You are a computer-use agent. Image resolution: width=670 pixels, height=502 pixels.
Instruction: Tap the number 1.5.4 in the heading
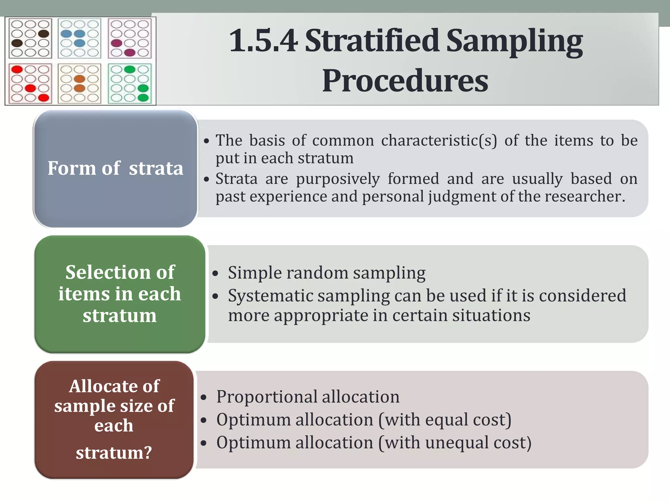[x=264, y=41]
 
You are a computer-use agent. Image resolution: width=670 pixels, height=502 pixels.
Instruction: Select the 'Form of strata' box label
[x=115, y=168]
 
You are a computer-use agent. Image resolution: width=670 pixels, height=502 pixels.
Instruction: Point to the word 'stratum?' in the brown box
[x=114, y=453]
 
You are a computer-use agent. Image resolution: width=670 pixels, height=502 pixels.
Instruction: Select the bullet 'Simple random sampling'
[x=326, y=273]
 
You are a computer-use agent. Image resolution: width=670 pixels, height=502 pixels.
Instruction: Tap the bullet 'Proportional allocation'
[x=308, y=396]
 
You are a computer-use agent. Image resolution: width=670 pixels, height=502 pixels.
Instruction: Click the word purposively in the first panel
[x=338, y=179]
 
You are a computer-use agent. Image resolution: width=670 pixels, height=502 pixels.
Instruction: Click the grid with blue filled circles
[x=79, y=38]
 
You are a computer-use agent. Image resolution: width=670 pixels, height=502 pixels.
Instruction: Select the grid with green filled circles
[x=130, y=84]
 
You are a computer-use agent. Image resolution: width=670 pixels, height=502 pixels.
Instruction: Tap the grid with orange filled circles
[x=79, y=84]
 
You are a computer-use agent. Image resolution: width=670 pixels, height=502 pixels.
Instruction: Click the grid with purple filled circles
[x=130, y=38]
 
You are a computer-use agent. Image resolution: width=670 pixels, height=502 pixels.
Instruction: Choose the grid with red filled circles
[x=30, y=84]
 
